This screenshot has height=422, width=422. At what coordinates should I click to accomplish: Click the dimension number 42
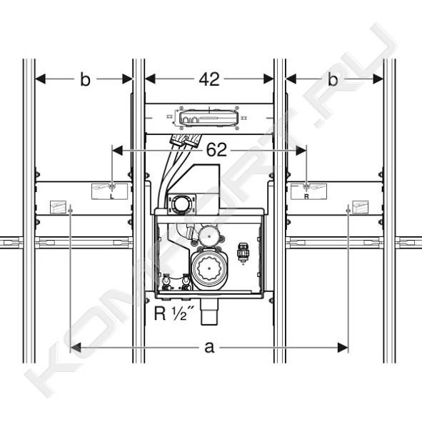pyautogui.click(x=209, y=79)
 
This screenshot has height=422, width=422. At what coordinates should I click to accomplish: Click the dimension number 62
pyautogui.click(x=216, y=150)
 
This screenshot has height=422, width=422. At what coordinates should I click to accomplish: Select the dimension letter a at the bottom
pyautogui.click(x=209, y=347)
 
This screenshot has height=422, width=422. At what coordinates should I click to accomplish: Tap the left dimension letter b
pyautogui.click(x=85, y=79)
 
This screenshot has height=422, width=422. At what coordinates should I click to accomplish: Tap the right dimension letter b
pyautogui.click(x=333, y=79)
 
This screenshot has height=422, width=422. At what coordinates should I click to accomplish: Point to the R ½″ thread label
pyautogui.click(x=174, y=313)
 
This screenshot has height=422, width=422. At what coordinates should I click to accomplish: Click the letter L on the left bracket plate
pyautogui.click(x=112, y=196)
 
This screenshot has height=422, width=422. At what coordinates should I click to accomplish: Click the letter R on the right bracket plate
pyautogui.click(x=306, y=196)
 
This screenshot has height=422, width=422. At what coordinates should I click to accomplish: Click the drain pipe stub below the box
pyautogui.click(x=209, y=311)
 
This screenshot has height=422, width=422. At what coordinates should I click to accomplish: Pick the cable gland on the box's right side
pyautogui.click(x=243, y=252)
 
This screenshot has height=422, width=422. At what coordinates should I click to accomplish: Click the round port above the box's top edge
pyautogui.click(x=179, y=204)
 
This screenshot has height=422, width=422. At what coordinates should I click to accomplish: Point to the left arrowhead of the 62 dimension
pyautogui.click(x=117, y=151)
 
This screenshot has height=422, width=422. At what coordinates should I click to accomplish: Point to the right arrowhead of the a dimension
pyautogui.click(x=343, y=348)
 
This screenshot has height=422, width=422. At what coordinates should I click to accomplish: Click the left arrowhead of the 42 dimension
pyautogui.click(x=150, y=79)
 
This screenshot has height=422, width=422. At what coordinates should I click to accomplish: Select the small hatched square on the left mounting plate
pyautogui.click(x=58, y=207)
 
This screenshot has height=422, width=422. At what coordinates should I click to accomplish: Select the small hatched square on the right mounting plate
pyautogui.click(x=361, y=207)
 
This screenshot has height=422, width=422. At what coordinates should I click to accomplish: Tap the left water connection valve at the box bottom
pyautogui.click(x=166, y=283)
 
